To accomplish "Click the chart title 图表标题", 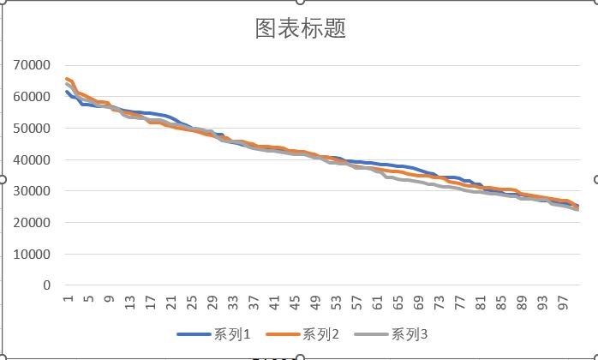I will [x=300, y=29].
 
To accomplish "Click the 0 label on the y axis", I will [x=47, y=285].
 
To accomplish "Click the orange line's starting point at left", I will [x=67, y=79].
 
